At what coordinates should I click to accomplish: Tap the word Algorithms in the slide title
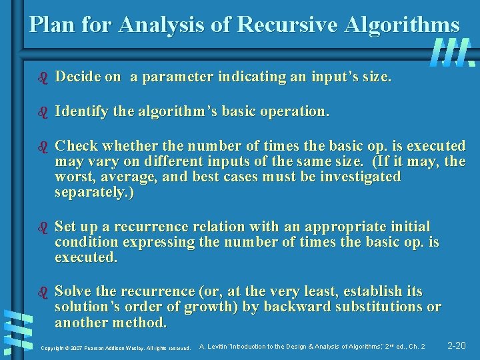(402, 25)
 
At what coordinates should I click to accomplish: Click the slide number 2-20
(457, 345)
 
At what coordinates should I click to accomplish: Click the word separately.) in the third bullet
(95, 193)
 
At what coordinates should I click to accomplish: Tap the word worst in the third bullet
(74, 177)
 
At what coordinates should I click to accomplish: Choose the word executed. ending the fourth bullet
(86, 258)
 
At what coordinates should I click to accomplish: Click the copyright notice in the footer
(115, 348)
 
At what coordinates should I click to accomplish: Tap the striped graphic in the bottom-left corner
(15, 330)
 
